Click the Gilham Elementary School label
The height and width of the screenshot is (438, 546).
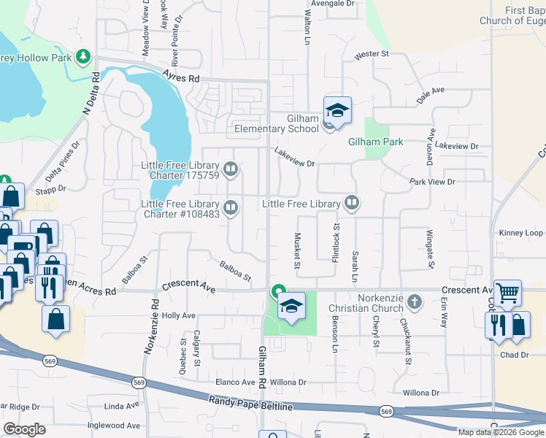pos(277,124)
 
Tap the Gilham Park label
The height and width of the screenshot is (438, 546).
pos(375,142)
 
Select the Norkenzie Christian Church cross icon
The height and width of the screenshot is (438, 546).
pos(415,301)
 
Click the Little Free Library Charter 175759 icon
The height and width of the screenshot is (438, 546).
pos(231,170)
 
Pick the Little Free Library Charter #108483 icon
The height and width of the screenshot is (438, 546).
pos(231,209)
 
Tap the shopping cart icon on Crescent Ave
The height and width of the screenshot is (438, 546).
pos(507,293)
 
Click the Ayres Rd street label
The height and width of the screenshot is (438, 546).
pos(181,77)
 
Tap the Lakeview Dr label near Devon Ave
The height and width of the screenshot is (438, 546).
pos(455,146)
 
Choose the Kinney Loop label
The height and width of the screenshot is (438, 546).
pos(521,233)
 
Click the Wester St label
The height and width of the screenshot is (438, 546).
pos(372,55)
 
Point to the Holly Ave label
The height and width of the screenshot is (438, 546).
pos(179,315)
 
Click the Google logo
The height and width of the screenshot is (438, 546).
pos(25,429)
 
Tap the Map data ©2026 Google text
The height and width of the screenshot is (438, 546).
pos(501,431)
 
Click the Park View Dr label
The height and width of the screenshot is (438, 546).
pos(432,181)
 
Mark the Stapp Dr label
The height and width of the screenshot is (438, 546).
pos(52,188)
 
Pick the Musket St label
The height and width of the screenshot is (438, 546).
pos(298,250)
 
